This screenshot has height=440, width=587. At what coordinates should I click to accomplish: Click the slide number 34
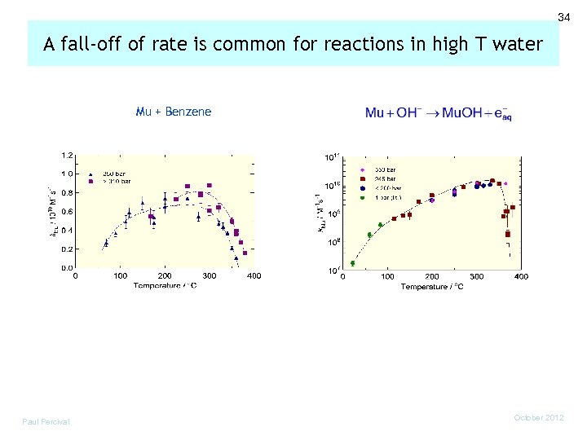563,17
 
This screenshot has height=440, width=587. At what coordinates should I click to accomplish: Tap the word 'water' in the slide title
517,44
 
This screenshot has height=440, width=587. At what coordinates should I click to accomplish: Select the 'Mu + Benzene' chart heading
173,112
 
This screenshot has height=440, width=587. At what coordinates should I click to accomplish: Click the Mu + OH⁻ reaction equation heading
438,113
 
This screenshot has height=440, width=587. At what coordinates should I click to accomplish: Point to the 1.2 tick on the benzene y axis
66,155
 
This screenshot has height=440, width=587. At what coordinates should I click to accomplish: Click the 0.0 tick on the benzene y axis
66,267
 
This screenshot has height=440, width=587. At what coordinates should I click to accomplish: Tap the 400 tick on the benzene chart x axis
254,276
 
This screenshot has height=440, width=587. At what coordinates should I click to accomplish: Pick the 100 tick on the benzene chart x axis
120,276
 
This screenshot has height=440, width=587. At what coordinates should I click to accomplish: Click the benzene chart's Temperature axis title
165,286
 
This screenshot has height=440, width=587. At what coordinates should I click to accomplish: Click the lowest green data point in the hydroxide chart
352,263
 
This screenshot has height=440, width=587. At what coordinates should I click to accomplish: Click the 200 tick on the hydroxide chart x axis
431,277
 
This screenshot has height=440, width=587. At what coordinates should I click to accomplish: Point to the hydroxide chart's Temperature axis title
431,287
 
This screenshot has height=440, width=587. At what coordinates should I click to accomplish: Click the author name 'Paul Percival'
46,421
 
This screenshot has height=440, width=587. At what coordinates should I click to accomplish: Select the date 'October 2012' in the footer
539,417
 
